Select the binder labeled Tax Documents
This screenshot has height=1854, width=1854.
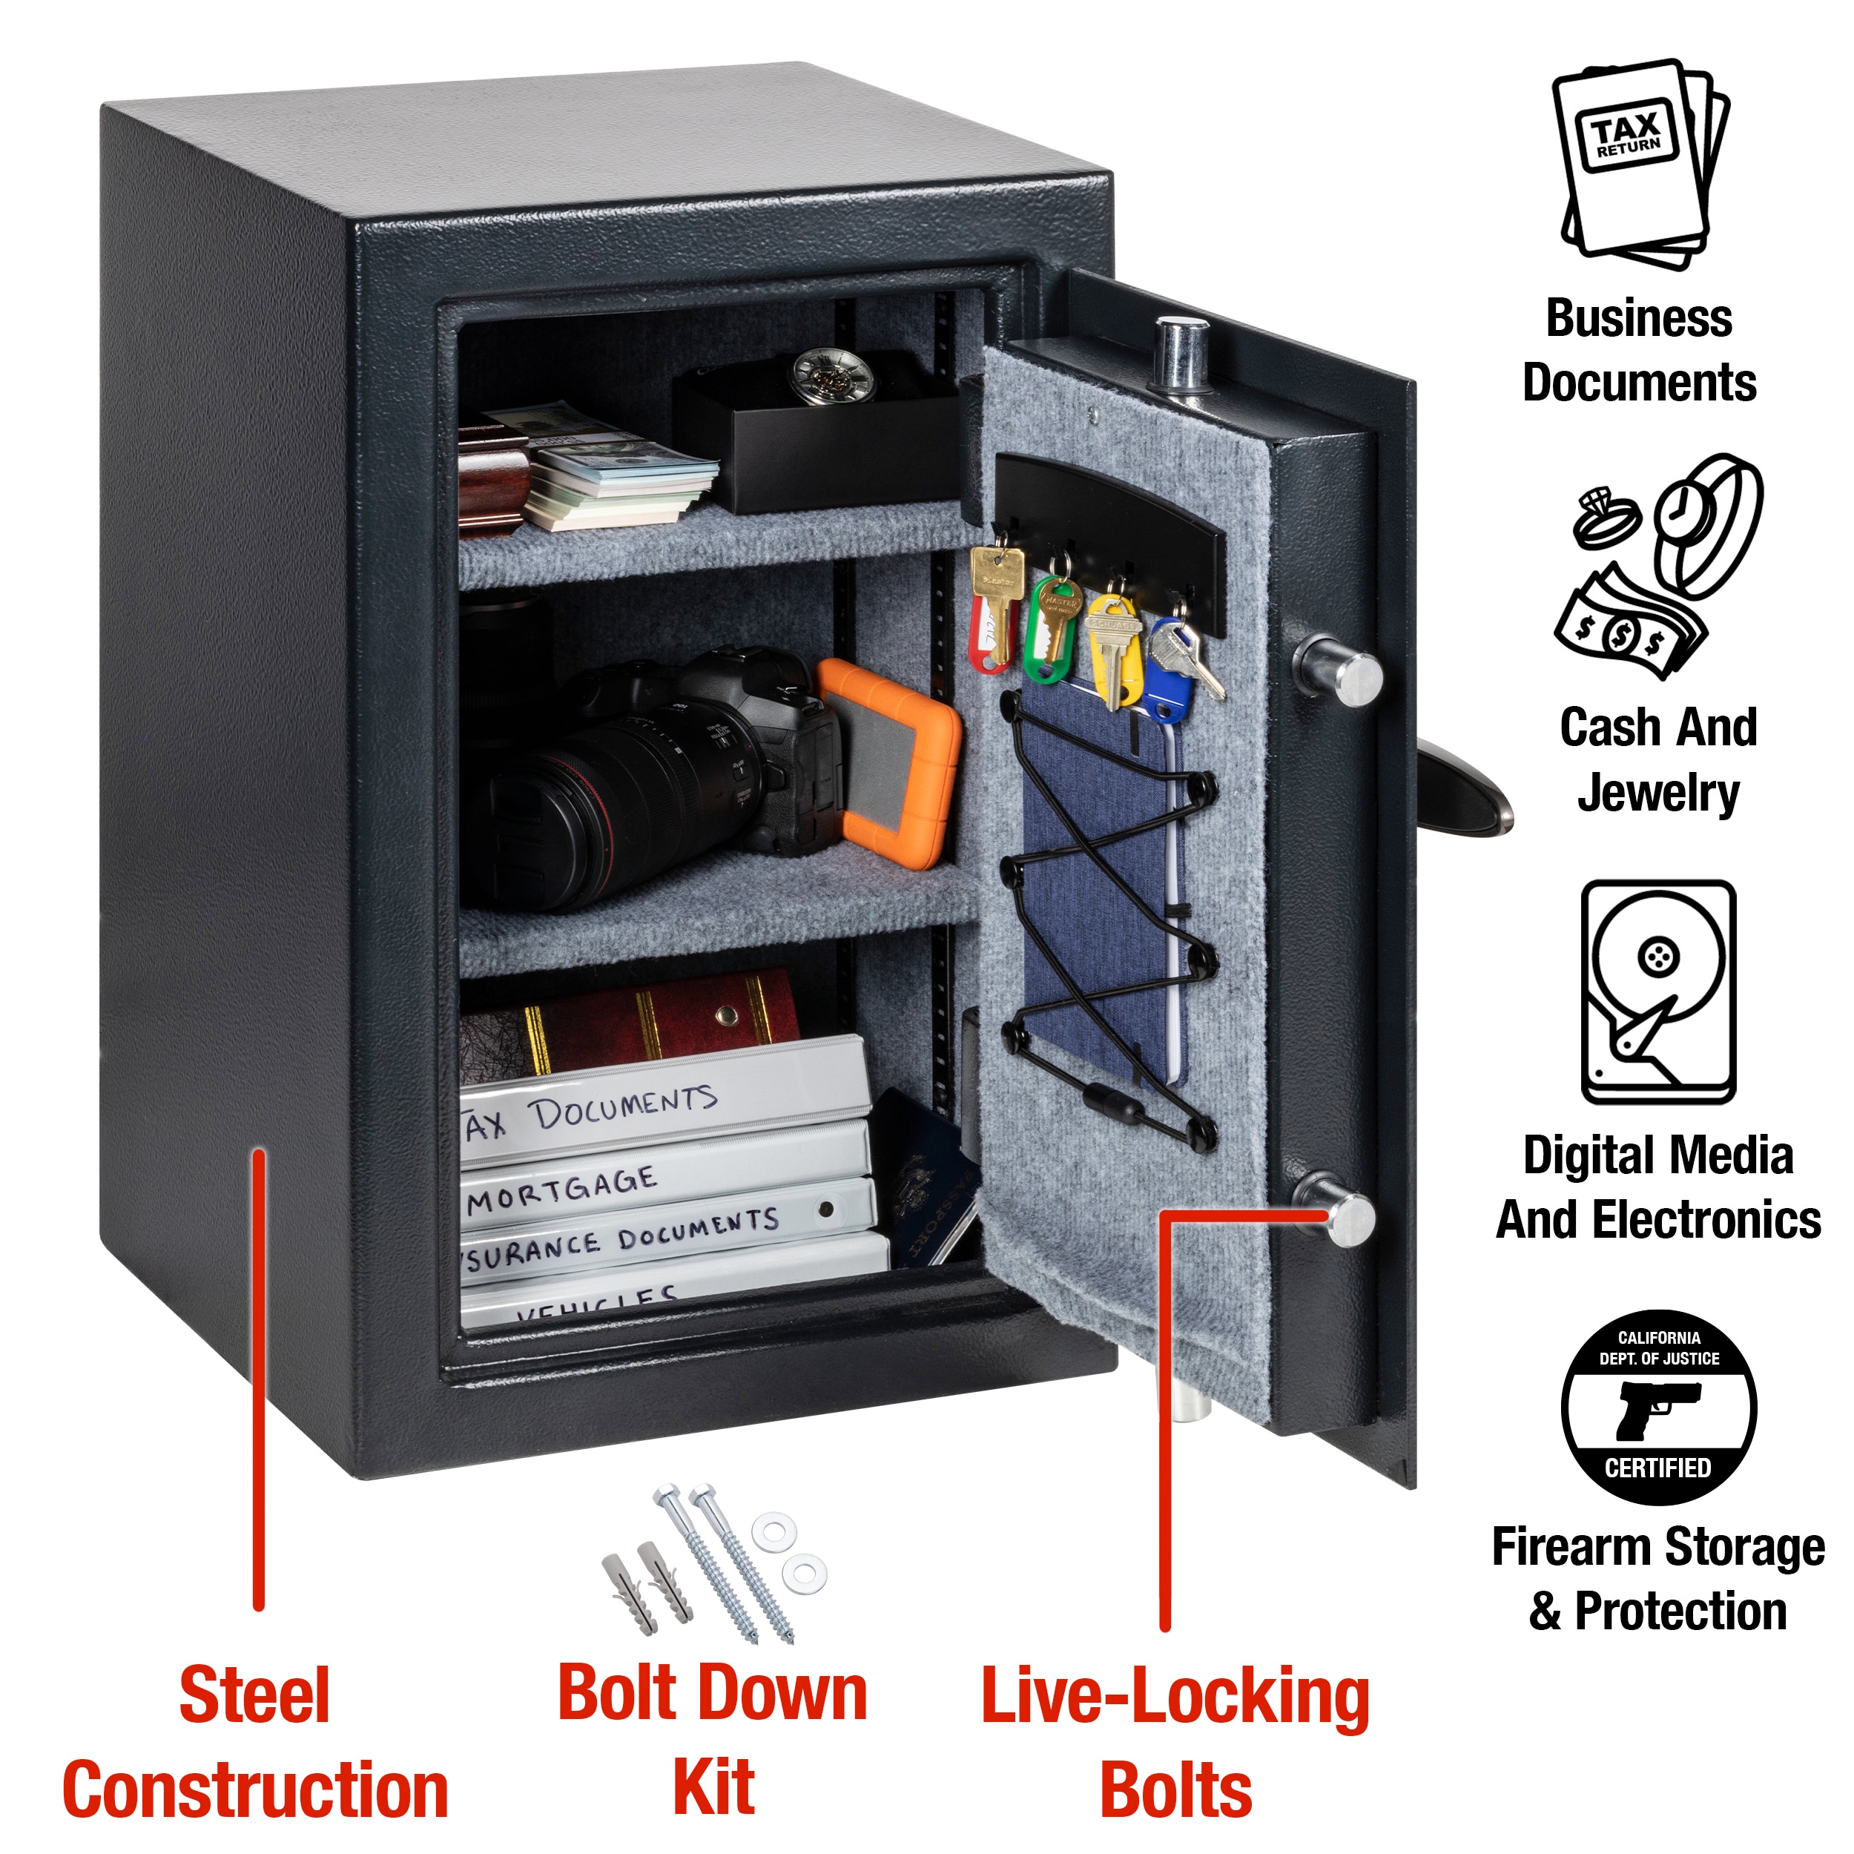coord(662,1104)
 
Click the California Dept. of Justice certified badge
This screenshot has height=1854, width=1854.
coord(1657,1406)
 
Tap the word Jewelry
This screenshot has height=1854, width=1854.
coord(1657,793)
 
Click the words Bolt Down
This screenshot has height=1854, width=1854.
coord(712,1694)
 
